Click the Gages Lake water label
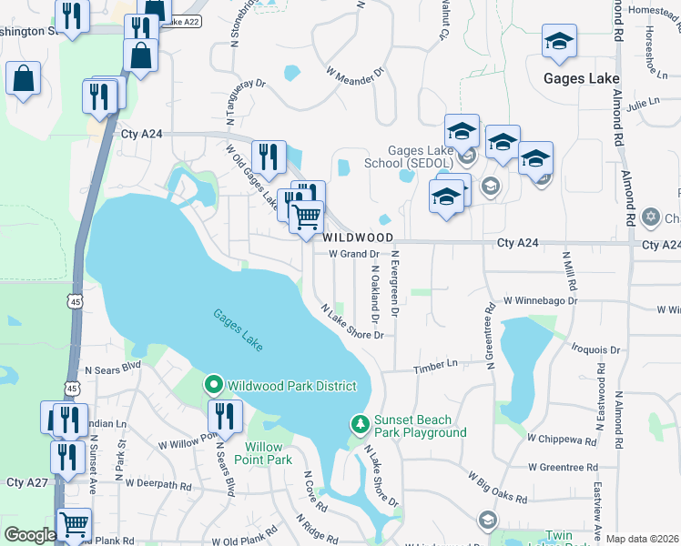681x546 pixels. (239, 329)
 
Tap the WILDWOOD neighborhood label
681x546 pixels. (355, 237)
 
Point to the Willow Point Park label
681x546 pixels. (269, 453)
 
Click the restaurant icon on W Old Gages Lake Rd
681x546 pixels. (269, 157)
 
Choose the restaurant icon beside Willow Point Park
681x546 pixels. (225, 416)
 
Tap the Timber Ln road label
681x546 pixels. (434, 364)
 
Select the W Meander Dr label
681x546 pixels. (355, 70)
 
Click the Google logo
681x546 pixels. (29, 535)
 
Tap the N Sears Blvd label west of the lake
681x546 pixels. (114, 370)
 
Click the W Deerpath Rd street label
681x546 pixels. (158, 485)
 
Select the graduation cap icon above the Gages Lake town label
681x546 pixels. (559, 41)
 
